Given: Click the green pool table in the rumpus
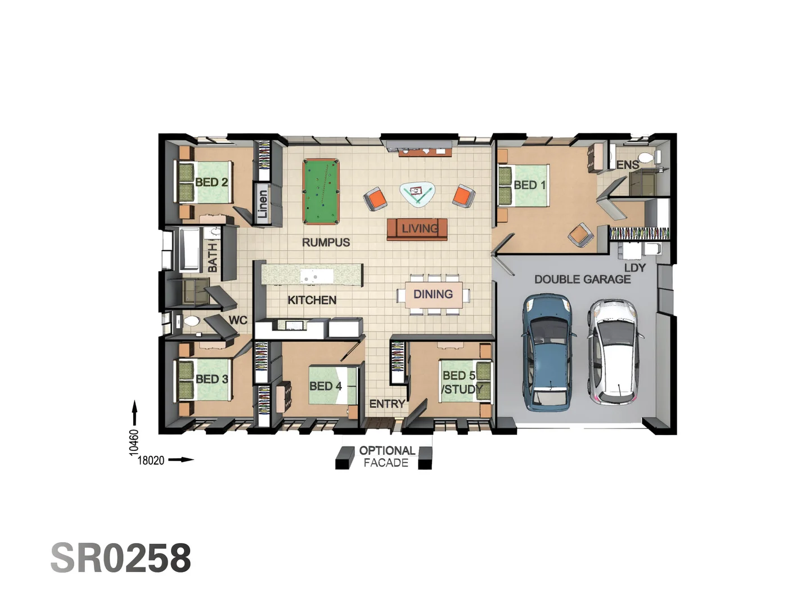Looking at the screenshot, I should (x=321, y=191).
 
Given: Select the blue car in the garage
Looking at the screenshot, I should (x=549, y=352).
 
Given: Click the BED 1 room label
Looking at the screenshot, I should (x=529, y=185).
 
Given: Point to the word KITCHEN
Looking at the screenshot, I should (x=312, y=300).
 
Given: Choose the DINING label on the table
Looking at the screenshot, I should (x=433, y=294).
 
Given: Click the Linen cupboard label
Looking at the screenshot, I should (x=263, y=203).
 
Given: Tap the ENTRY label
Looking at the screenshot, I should (x=387, y=404).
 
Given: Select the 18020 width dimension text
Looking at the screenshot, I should (x=151, y=461).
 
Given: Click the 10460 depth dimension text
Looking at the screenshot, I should (x=133, y=442).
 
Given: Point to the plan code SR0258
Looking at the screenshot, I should (x=121, y=558).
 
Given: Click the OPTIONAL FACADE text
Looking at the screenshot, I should (x=386, y=457).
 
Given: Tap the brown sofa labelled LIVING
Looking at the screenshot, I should (x=417, y=229).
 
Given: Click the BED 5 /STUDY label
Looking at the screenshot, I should (x=461, y=382).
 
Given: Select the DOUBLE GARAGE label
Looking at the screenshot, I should (x=582, y=279).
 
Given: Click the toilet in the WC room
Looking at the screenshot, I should (x=191, y=321).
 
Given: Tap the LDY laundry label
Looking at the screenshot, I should (x=634, y=267).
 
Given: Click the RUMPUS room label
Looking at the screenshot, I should (x=326, y=243).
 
